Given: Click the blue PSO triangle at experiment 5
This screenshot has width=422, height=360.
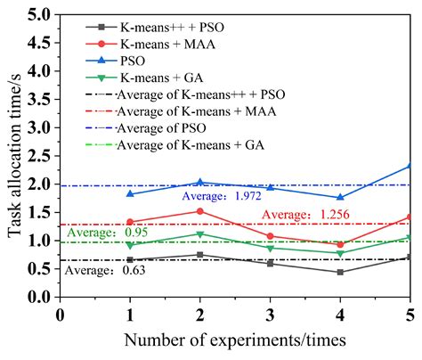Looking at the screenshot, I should [410, 166].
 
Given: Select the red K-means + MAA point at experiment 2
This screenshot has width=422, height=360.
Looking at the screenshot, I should [200, 211].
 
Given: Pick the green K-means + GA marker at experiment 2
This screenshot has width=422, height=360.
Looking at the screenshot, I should [200, 234].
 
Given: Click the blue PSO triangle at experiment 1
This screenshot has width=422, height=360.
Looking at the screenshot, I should [130, 193].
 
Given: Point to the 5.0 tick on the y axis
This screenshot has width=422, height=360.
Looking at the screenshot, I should [38, 15].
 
